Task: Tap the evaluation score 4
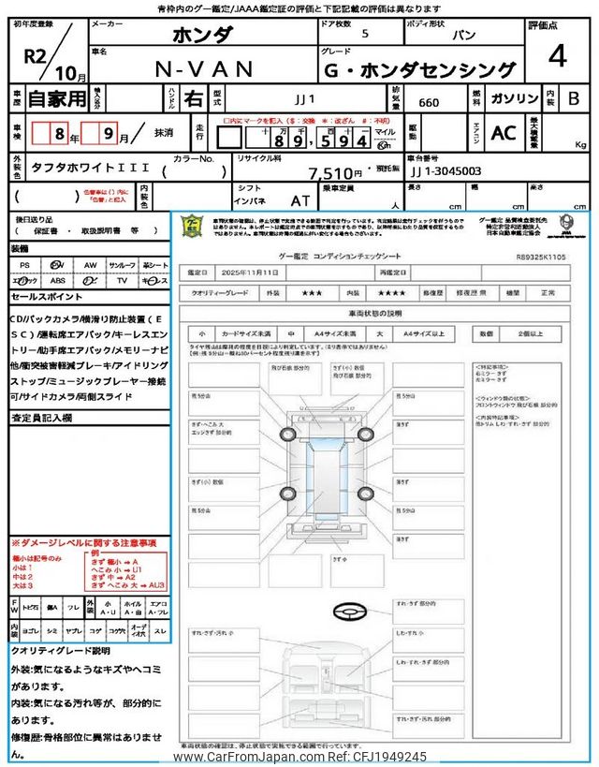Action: (x=557, y=57)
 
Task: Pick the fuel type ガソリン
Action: (x=514, y=97)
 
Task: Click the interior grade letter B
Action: (x=575, y=97)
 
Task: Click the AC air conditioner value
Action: (x=504, y=133)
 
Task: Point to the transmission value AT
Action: (x=300, y=200)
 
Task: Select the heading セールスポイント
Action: (x=48, y=296)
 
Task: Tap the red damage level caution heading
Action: (x=84, y=543)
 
